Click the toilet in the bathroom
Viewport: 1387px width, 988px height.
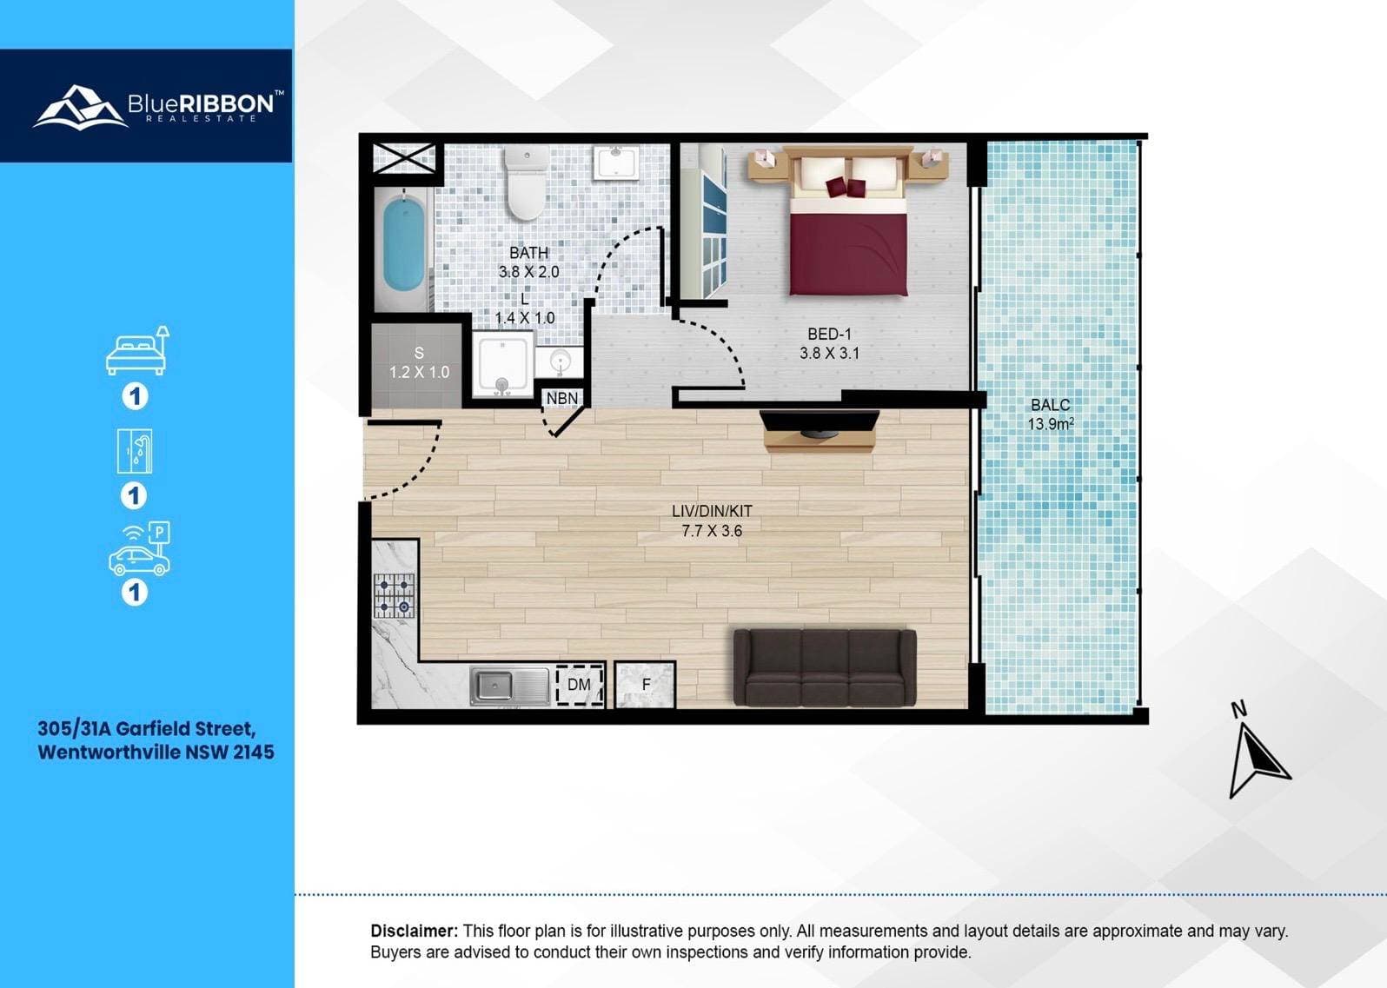(x=527, y=182)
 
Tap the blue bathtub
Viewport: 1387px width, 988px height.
(x=404, y=249)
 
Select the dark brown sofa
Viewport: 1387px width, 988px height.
(x=824, y=668)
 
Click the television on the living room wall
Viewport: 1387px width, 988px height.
(x=820, y=422)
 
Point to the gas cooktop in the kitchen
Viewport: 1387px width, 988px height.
(x=394, y=595)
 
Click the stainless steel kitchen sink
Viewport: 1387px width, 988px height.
(x=509, y=686)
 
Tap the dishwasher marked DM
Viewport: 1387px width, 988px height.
(x=579, y=685)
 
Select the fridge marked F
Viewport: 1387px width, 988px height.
(x=645, y=685)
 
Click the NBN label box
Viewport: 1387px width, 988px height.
(x=561, y=398)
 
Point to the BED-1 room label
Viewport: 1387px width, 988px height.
(x=829, y=343)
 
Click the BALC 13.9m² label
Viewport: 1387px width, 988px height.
(x=1050, y=414)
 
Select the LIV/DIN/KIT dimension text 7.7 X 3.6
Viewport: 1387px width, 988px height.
(x=712, y=531)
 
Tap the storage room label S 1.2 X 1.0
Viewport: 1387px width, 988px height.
(x=419, y=362)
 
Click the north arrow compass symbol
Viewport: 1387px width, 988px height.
(x=1257, y=750)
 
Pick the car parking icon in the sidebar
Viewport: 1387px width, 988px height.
(x=140, y=549)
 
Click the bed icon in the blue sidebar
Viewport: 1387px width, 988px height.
(x=137, y=350)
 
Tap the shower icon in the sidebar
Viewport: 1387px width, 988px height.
(x=135, y=451)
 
